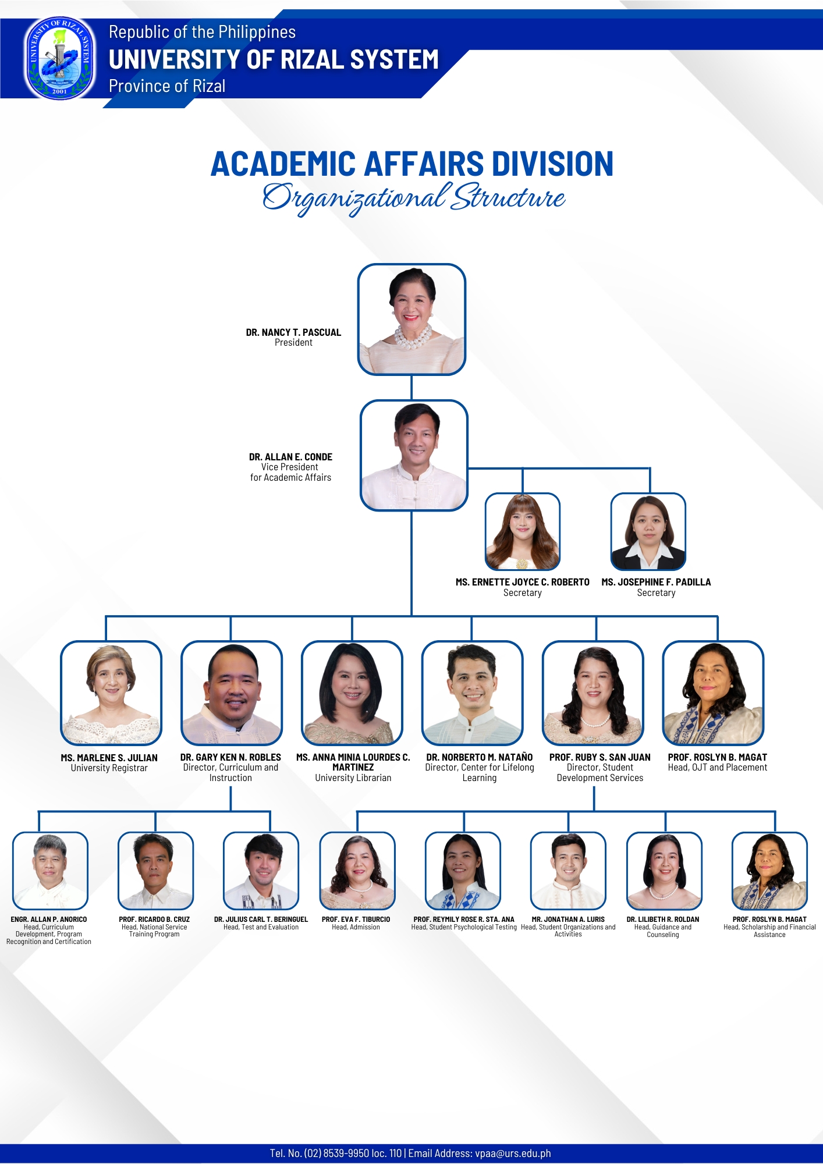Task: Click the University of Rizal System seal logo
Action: pos(59,58)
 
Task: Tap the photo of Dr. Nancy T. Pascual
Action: pos(411,320)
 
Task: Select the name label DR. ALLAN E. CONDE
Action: pos(290,457)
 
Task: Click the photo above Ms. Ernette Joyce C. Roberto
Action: pos(523,532)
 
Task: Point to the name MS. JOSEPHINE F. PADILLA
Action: pos(656,582)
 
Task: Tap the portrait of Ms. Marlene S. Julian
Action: pos(111,693)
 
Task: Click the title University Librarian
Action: pos(353,778)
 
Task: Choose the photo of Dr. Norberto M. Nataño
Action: pos(472,693)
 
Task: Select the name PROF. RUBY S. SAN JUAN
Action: pos(600,757)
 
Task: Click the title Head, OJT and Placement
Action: pos(718,768)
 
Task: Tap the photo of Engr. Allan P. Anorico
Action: pos(50,871)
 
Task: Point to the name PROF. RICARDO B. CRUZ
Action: pos(154,920)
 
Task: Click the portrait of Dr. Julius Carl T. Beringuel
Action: pos(261,871)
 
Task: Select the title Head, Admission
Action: pos(356,927)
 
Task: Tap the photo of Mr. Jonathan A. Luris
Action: pos(568,871)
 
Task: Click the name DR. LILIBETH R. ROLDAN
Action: pos(663,920)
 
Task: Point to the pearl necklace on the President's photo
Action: pos(413,337)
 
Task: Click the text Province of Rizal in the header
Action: pos(167,86)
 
